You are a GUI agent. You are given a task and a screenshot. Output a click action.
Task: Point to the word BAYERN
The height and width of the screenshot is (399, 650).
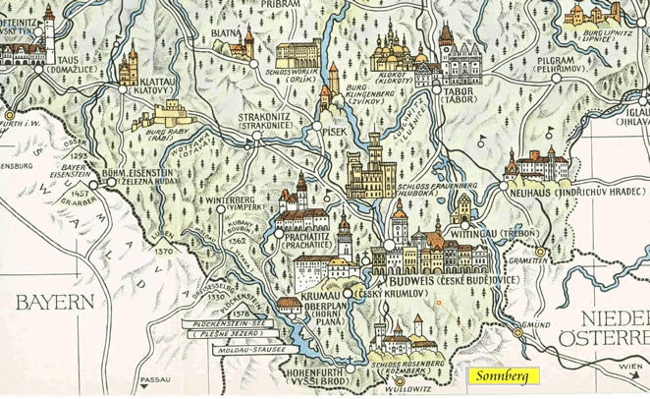[x=54, y=301]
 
